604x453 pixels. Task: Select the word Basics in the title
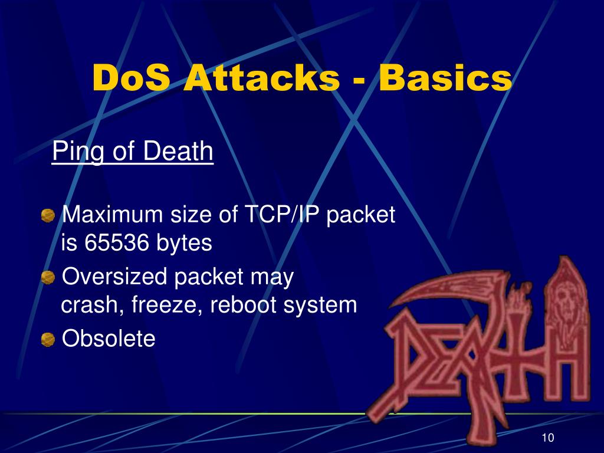pyautogui.click(x=445, y=78)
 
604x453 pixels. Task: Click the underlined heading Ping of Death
pyautogui.click(x=133, y=152)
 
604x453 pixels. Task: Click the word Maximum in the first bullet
pyautogui.click(x=111, y=215)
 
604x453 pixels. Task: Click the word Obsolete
pyautogui.click(x=109, y=339)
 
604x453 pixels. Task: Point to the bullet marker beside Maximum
pyautogui.click(x=47, y=216)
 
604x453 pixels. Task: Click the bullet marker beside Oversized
pyautogui.click(x=47, y=277)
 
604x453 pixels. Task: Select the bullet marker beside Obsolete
pyautogui.click(x=47, y=340)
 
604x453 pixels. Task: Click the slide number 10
pyautogui.click(x=547, y=438)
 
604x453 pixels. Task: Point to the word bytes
pyautogui.click(x=184, y=243)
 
